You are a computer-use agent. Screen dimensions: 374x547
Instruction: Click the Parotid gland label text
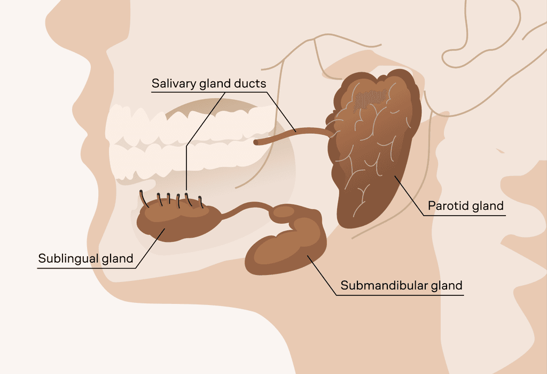coord(466,205)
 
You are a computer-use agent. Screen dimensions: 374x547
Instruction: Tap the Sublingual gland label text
coord(85,258)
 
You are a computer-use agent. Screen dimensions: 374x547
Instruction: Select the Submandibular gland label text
coord(401,285)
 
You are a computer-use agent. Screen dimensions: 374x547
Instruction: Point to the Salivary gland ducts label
coord(208,83)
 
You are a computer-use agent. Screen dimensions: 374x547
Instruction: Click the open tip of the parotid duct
coord(257,142)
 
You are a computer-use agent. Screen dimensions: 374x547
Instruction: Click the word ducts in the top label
coord(250,83)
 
